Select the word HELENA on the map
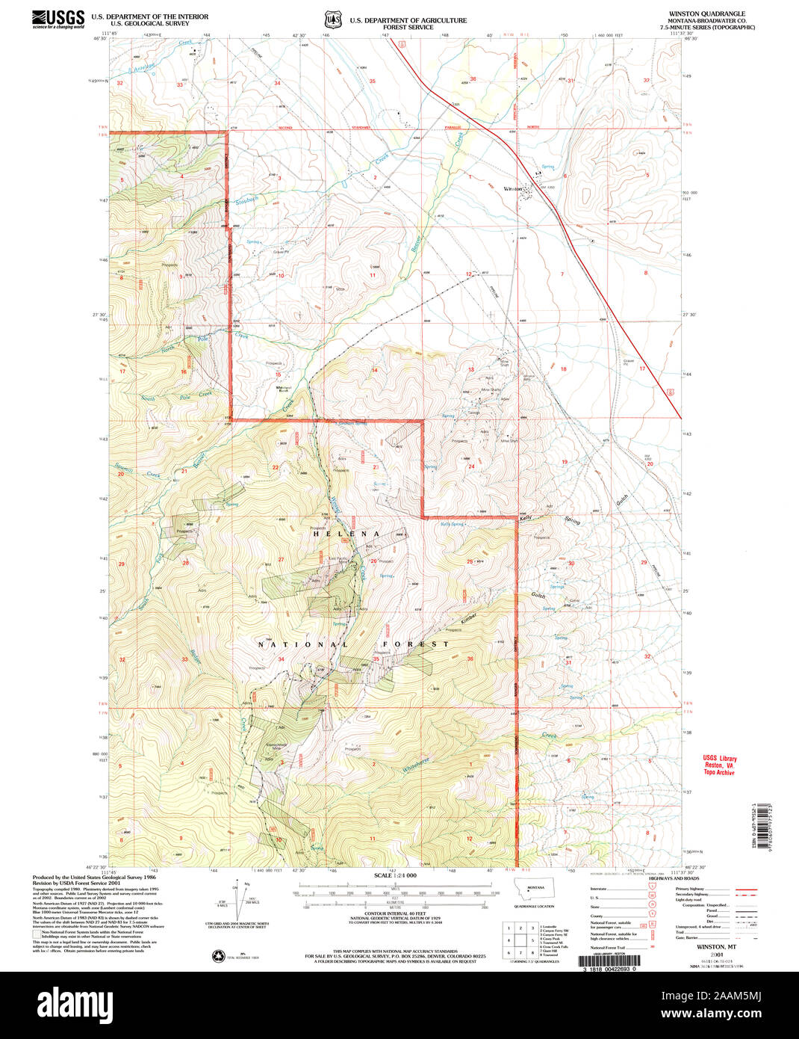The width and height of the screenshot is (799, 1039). coord(346,534)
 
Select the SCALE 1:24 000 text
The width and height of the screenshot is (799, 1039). coord(395,875)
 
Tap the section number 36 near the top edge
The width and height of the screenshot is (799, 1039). coord(473,79)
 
